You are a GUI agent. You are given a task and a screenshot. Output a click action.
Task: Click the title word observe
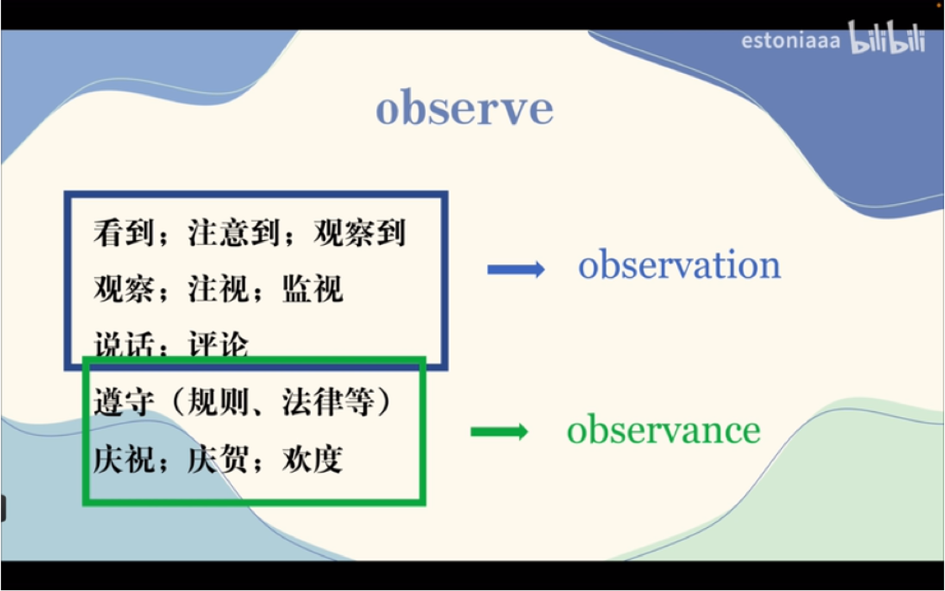[x=464, y=110]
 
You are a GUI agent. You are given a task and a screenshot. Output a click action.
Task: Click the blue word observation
[x=679, y=266]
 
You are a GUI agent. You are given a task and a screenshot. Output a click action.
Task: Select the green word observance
[x=663, y=431]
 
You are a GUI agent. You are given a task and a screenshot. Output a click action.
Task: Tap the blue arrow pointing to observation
[x=516, y=269]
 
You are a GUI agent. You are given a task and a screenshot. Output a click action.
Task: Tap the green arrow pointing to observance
[x=499, y=432]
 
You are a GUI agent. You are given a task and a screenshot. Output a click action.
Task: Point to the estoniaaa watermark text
[x=790, y=41]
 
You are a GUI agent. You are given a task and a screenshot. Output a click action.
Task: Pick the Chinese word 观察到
[x=360, y=233]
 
